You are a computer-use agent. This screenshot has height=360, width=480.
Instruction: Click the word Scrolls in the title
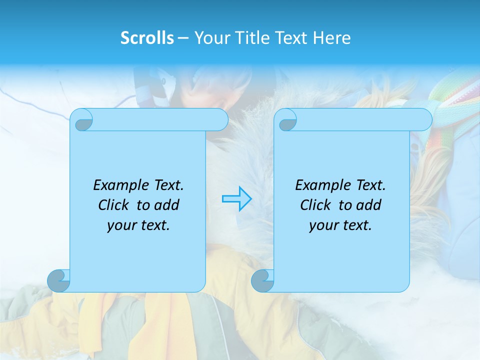click(147, 38)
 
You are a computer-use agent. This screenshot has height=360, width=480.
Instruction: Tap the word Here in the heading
click(332, 38)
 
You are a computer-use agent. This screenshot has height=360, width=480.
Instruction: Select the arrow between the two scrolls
click(236, 199)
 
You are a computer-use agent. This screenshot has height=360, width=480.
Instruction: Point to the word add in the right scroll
click(369, 205)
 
